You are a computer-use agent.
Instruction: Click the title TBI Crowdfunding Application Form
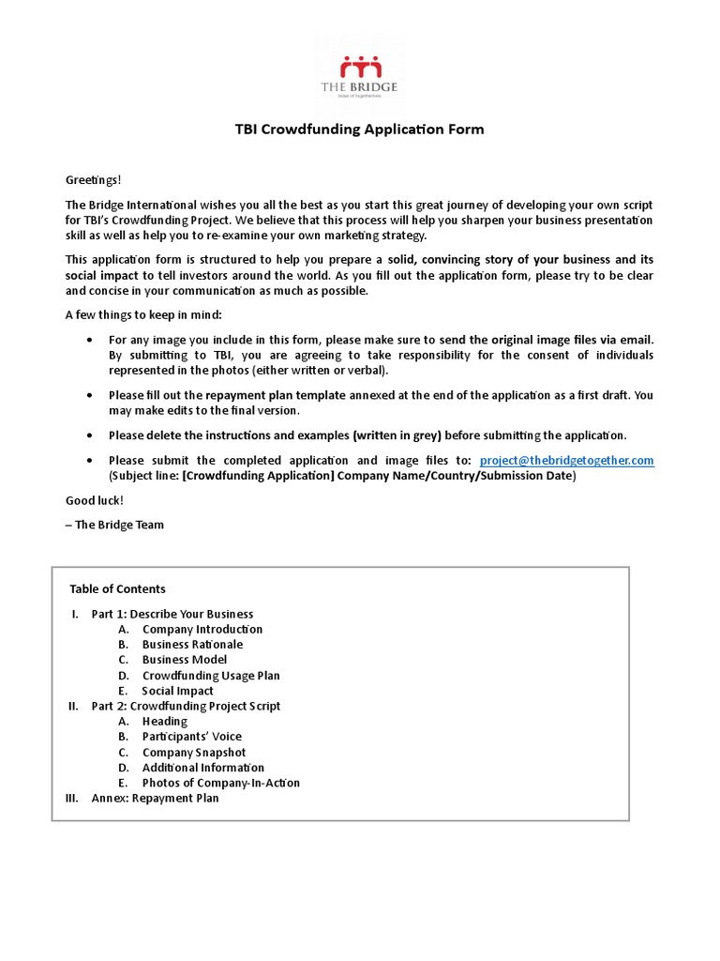tap(359, 130)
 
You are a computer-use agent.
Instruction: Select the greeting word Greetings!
tap(93, 179)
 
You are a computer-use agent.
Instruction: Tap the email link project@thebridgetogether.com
tap(566, 460)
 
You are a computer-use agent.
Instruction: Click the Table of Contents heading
tap(117, 589)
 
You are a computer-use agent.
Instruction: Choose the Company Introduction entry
tap(202, 629)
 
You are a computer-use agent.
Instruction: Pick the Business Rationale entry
tap(192, 645)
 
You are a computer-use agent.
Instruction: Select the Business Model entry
tap(184, 660)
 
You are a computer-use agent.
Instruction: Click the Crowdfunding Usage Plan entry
tap(211, 676)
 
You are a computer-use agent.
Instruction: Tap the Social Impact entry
tap(177, 691)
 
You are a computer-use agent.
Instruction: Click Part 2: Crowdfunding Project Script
tap(186, 706)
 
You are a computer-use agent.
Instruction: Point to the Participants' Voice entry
tap(191, 737)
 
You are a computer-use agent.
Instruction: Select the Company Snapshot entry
tap(194, 753)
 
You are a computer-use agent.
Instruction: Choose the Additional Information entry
tap(202, 768)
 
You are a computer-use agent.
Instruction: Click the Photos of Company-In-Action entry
tap(220, 783)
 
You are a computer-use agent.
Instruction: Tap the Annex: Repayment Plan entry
tap(155, 799)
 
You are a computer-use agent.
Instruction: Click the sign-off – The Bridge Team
tap(114, 525)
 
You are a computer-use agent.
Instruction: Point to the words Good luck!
tap(94, 500)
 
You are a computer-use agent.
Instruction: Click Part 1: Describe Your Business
tap(172, 614)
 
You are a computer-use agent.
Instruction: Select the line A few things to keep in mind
tap(143, 314)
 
